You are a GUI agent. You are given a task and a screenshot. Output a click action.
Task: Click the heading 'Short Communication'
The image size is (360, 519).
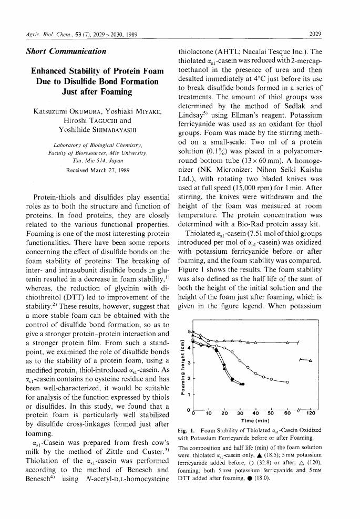pyautogui.click(x=66, y=51)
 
